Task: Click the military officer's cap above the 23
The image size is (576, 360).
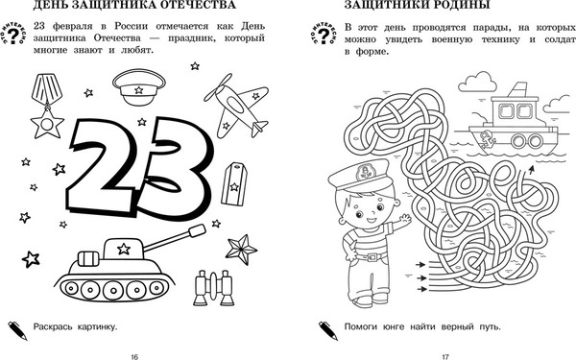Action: [139, 86]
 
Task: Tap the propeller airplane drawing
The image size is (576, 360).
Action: [237, 106]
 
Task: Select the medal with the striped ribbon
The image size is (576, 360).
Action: [47, 106]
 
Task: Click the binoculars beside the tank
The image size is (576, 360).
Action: [213, 288]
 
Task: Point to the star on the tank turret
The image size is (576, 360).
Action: [124, 249]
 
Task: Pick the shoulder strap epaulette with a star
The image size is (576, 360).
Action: [234, 183]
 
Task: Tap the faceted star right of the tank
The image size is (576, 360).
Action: [241, 250]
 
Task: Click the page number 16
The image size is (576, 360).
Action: [134, 356]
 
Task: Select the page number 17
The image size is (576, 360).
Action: [445, 356]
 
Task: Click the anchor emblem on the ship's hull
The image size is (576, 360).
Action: [488, 139]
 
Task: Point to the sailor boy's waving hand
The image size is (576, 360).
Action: [405, 219]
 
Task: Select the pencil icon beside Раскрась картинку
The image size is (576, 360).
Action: [18, 330]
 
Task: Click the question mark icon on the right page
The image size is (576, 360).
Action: [324, 34]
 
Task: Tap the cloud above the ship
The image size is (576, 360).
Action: [477, 82]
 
